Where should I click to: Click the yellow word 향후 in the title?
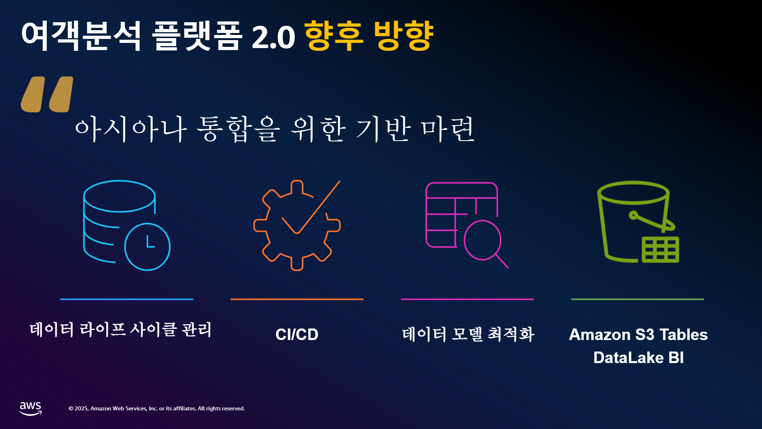point(333,36)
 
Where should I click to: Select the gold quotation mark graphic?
point(47,95)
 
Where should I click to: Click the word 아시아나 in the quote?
point(131,129)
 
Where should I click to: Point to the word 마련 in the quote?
point(447,129)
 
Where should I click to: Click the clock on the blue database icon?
point(147,247)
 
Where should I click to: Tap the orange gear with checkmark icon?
point(297,225)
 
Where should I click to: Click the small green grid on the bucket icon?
point(660,250)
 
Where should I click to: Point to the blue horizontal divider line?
point(127,299)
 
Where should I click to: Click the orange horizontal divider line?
point(297,299)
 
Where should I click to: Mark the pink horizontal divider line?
point(467,299)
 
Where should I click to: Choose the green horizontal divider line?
point(637,299)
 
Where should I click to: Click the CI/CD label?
point(297,334)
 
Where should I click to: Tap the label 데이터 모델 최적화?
point(468,334)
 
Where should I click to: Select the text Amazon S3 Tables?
point(638,334)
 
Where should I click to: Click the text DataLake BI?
point(639,357)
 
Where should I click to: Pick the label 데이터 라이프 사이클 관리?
point(121,330)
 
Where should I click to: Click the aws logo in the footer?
point(31,408)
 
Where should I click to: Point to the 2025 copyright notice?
point(157,408)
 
